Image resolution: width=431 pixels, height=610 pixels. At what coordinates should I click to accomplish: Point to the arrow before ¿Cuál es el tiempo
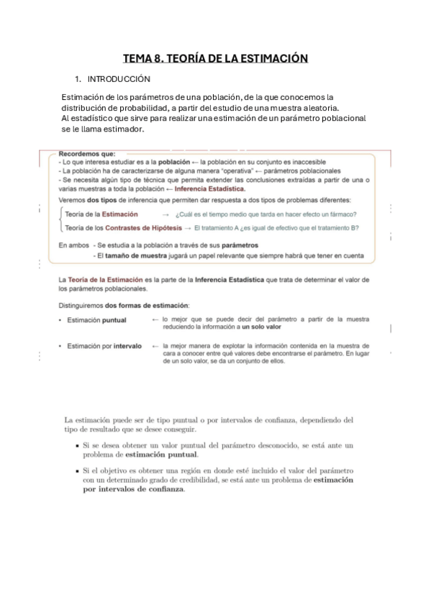[166, 214]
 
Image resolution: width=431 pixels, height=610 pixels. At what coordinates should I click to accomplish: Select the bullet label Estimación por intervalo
[104, 346]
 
